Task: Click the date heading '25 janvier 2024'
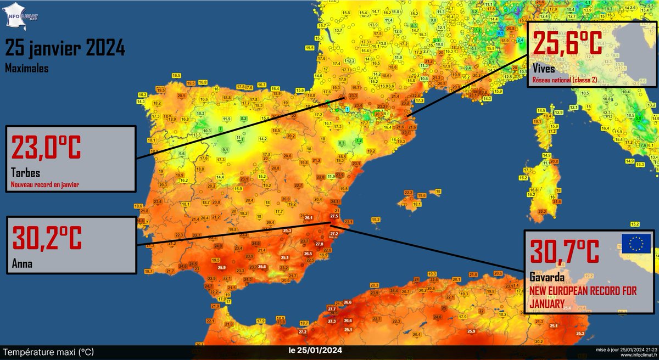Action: (x=65, y=49)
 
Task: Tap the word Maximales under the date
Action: (x=26, y=69)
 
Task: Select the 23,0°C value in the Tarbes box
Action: (x=46, y=149)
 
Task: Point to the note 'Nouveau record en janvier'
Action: (x=44, y=185)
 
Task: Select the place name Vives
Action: (x=544, y=69)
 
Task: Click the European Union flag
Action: (x=636, y=243)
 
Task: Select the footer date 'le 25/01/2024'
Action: (x=315, y=351)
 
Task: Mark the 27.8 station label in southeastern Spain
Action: (x=319, y=244)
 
